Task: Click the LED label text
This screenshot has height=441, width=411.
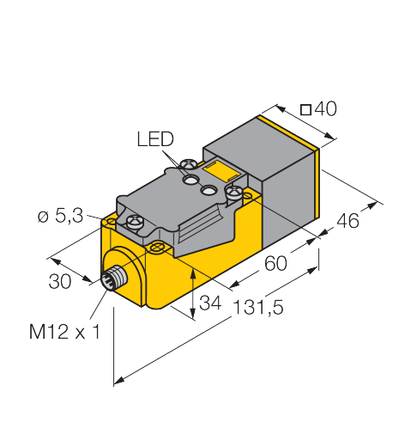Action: [155, 139]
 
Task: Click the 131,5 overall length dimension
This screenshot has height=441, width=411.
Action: [258, 307]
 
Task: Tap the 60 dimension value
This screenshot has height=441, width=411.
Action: [275, 263]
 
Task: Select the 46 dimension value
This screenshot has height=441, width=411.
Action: [348, 221]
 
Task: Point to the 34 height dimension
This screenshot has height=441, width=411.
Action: [210, 303]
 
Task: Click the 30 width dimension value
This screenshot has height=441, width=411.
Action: [60, 281]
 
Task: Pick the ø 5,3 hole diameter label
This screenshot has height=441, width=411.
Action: [60, 216]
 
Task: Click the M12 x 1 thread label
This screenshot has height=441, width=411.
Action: [65, 332]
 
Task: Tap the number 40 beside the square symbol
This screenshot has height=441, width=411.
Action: [325, 108]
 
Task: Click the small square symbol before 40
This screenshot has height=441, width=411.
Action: [305, 110]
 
